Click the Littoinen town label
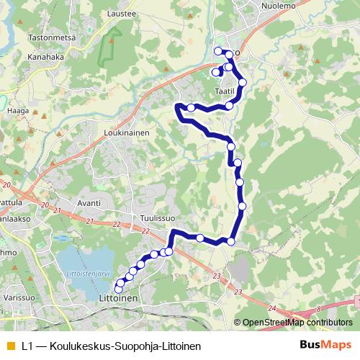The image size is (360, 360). (x=117, y=297)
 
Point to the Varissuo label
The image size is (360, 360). (x=19, y=296)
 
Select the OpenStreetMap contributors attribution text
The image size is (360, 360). (x=297, y=323)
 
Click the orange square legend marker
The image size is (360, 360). (x=9, y=346)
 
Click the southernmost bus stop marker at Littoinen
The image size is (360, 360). (x=118, y=289)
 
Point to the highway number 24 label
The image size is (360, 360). (x=271, y=308)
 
